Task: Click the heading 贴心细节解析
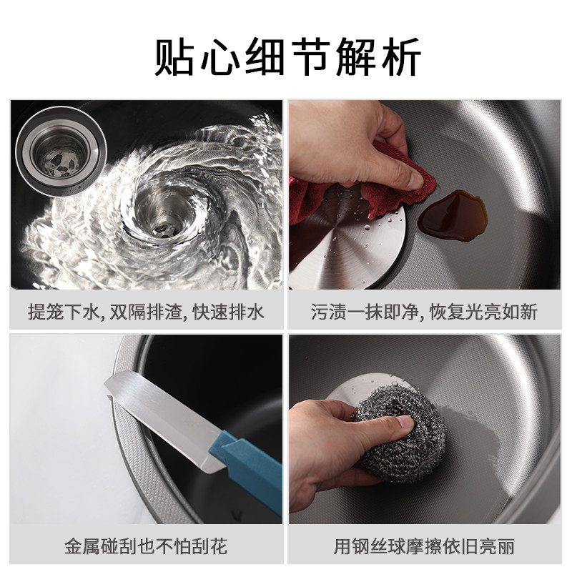pos(288,56)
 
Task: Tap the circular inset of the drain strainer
pos(61,152)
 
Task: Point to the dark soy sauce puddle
pos(453,216)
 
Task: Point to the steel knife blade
pos(164,420)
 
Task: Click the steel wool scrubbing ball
pos(401,433)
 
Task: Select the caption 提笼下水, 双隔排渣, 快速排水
pos(147,312)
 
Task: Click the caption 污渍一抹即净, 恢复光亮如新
pos(424,312)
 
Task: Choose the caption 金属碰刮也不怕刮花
pos(146,546)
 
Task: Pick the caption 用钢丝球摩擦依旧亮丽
pos(424,546)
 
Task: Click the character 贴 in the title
pos(174,56)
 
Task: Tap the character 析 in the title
pos(402,56)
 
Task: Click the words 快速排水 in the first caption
pos(228,312)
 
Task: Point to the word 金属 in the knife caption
pos(82,546)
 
